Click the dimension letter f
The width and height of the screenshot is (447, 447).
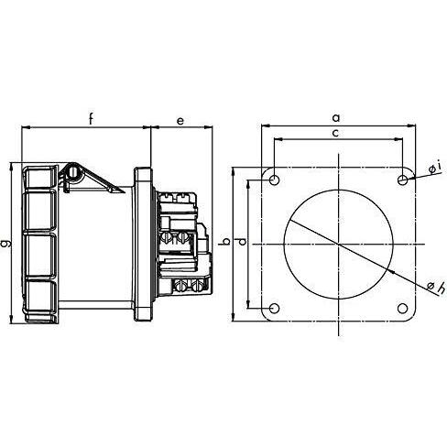coord(91,119)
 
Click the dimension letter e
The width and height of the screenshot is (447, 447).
coord(180,121)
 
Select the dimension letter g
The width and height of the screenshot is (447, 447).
coord(6,244)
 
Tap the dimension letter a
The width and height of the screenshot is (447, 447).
coord(336,117)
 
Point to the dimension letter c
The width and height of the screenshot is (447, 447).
coord(335,133)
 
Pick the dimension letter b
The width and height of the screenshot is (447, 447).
coord(226,242)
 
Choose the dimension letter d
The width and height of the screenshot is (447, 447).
coord(242,242)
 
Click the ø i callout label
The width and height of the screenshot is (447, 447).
coord(435,168)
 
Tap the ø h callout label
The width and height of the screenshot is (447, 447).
coord(436,288)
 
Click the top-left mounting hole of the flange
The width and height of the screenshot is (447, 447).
coord(275,180)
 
